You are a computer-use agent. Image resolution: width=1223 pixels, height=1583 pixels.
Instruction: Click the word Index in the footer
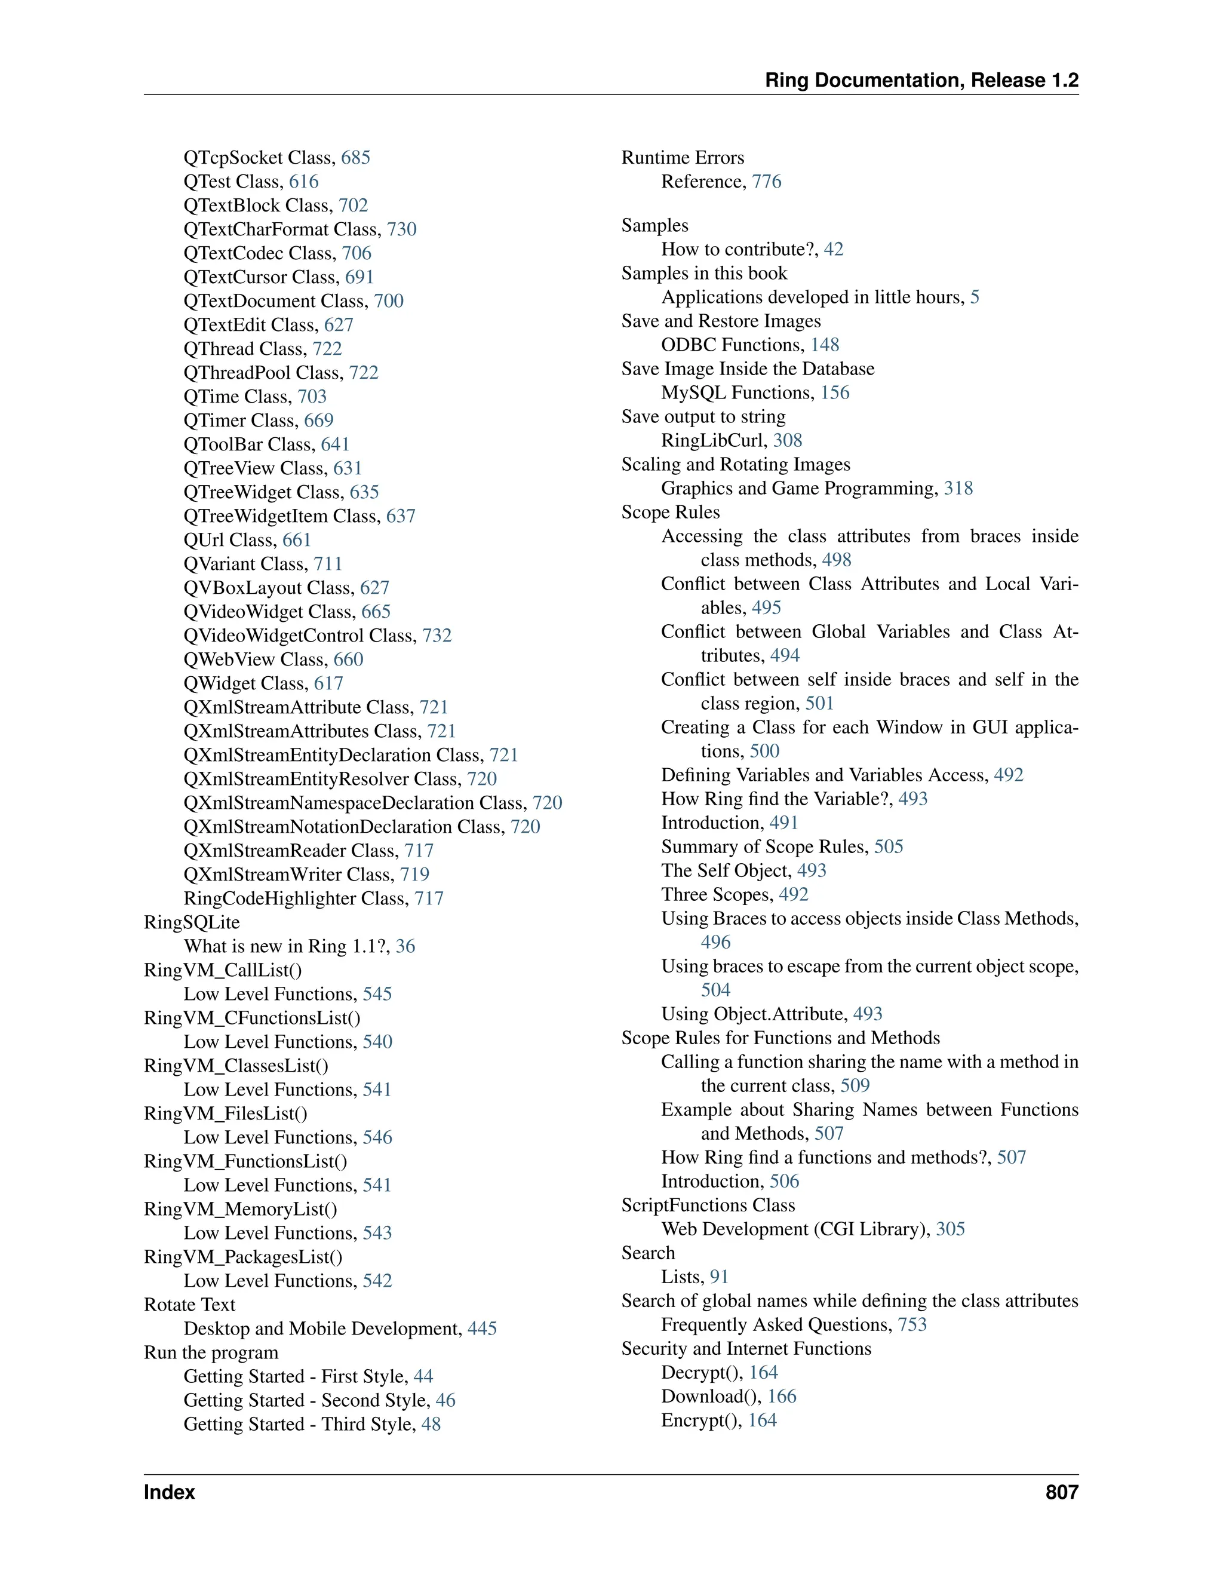coord(170,1492)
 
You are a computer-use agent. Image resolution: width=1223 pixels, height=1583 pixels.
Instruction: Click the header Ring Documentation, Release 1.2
coord(921,81)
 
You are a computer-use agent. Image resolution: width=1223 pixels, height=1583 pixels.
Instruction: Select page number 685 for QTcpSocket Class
coord(356,158)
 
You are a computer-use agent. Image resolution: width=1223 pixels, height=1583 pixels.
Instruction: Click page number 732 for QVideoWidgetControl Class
coord(437,636)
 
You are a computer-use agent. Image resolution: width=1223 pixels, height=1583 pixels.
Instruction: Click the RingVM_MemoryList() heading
coord(241,1209)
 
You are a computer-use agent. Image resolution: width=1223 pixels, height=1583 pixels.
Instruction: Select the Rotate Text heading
coord(190,1305)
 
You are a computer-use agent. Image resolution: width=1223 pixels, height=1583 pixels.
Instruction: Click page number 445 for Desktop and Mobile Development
coord(482,1329)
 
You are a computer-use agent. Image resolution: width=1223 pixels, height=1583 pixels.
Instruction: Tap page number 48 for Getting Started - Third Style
coord(431,1424)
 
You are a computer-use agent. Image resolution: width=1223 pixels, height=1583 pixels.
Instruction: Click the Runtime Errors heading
coord(683,158)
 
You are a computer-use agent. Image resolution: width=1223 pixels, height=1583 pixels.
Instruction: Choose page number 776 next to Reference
coord(767,182)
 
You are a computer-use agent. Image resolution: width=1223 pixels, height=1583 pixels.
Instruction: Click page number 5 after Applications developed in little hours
coord(975,297)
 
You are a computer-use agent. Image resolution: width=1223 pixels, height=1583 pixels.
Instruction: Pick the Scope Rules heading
coord(670,513)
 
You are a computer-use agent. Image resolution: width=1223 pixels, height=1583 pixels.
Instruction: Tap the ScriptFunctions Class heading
coord(708,1205)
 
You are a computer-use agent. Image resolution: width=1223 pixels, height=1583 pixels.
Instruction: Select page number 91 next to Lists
coord(719,1277)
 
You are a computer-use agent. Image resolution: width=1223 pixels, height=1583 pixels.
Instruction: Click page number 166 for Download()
coord(782,1397)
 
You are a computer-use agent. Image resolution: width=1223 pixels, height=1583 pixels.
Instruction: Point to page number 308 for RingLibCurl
coord(788,441)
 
